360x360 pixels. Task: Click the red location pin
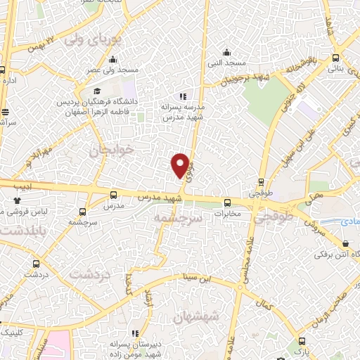pos(181,165)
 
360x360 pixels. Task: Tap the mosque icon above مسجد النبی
pos(226,51)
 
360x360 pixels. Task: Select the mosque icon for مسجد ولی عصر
pos(112,59)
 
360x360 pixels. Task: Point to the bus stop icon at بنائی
pos(336,58)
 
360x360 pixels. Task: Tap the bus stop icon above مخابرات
pos(226,202)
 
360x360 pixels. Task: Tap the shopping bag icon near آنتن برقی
pos(345,244)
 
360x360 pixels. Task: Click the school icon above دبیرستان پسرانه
pos(134,333)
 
